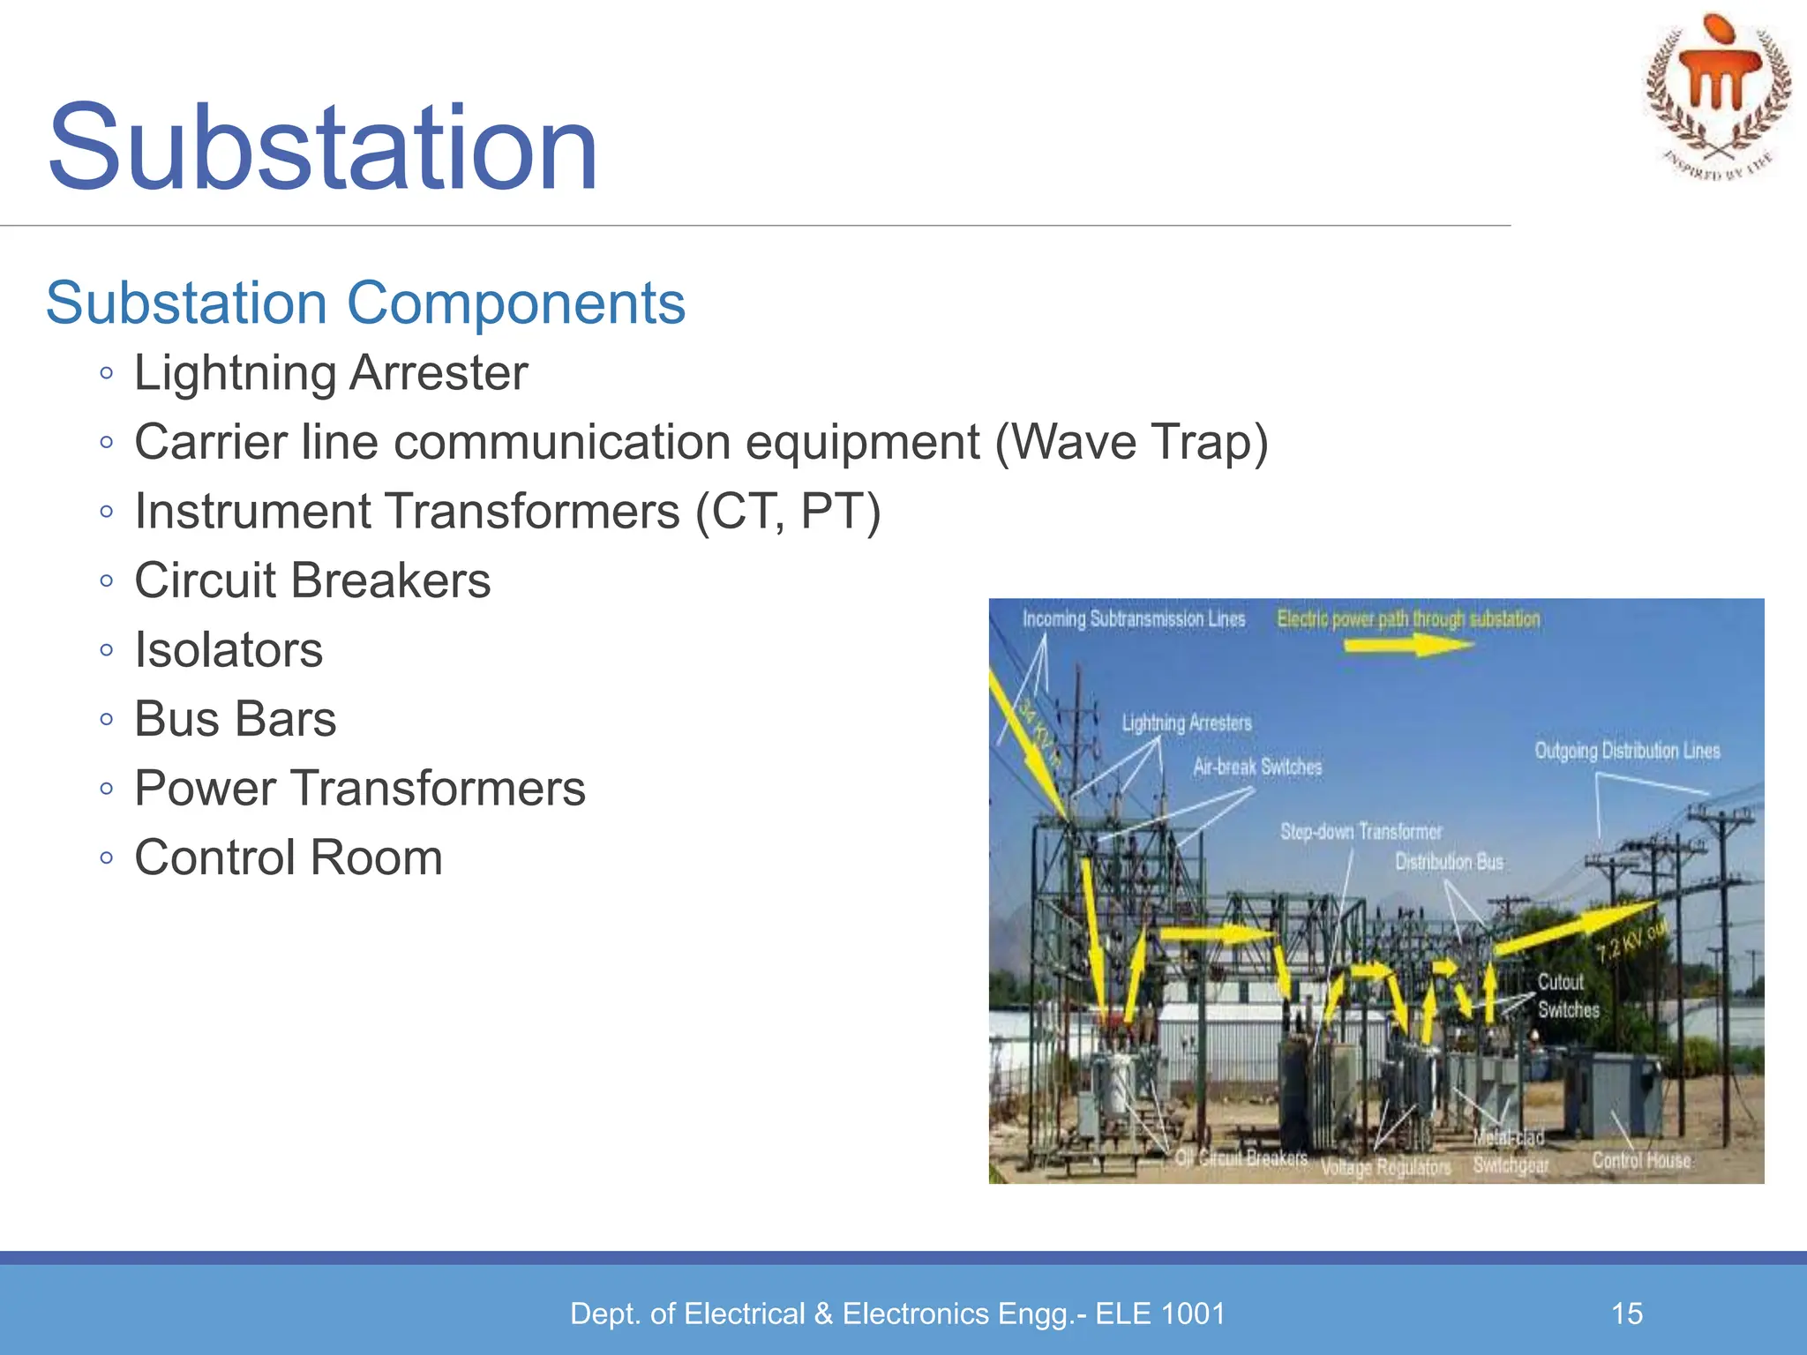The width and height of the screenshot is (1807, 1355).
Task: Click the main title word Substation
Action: click(x=323, y=147)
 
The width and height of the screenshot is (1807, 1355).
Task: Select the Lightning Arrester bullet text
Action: click(x=331, y=373)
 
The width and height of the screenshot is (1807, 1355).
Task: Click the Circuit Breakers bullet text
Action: click(x=312, y=580)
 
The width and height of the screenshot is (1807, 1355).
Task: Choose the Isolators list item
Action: click(x=229, y=650)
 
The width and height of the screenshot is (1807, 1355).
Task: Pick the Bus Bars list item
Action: click(x=235, y=719)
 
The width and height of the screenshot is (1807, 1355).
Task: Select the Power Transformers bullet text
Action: click(x=359, y=789)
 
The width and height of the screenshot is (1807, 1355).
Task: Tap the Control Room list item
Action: click(x=288, y=857)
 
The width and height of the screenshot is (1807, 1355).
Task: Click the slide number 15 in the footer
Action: click(x=1626, y=1314)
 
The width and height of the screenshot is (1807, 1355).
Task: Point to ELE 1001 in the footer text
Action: click(x=1160, y=1314)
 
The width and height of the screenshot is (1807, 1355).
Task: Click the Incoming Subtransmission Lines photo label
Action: click(x=1133, y=619)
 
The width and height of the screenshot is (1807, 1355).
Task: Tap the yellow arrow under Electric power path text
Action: click(x=1406, y=646)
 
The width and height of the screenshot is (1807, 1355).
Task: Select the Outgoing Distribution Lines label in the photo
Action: click(x=1627, y=751)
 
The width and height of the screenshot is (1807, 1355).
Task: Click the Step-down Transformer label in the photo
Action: click(x=1361, y=831)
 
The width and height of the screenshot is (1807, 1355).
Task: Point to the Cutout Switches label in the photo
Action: click(x=1567, y=996)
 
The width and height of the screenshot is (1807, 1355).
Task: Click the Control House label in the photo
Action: click(x=1641, y=1161)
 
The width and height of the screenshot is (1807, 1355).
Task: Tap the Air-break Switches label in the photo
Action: click(x=1257, y=767)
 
